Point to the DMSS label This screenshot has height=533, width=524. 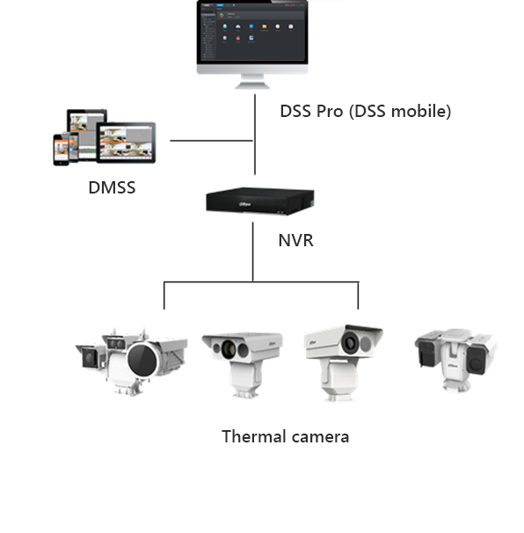pos(112,187)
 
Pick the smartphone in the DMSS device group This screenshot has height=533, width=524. pos(60,150)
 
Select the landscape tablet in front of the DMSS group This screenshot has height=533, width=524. pos(126,143)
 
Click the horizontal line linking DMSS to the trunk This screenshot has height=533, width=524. pos(212,140)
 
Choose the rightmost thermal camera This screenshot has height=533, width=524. pos(455,356)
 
